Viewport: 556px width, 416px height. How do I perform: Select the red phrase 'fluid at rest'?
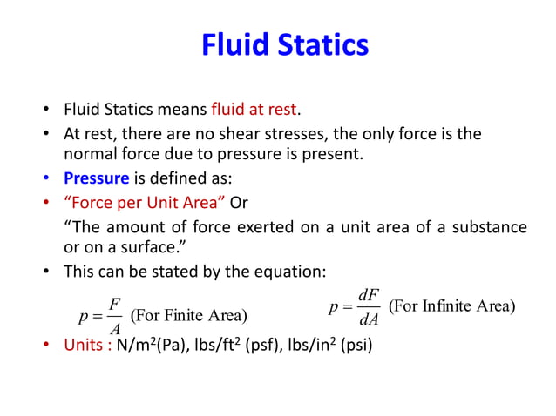click(254, 111)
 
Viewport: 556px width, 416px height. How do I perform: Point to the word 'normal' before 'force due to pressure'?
click(92, 155)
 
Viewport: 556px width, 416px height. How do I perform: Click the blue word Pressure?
click(97, 180)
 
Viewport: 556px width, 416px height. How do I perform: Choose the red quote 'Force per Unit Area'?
click(145, 203)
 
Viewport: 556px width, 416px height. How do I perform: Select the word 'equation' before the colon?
click(290, 272)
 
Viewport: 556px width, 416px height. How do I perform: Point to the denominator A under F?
click(114, 328)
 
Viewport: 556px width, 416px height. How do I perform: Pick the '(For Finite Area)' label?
click(188, 314)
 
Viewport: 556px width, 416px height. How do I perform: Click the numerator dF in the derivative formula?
click(369, 295)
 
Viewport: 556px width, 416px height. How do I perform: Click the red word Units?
click(87, 345)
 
